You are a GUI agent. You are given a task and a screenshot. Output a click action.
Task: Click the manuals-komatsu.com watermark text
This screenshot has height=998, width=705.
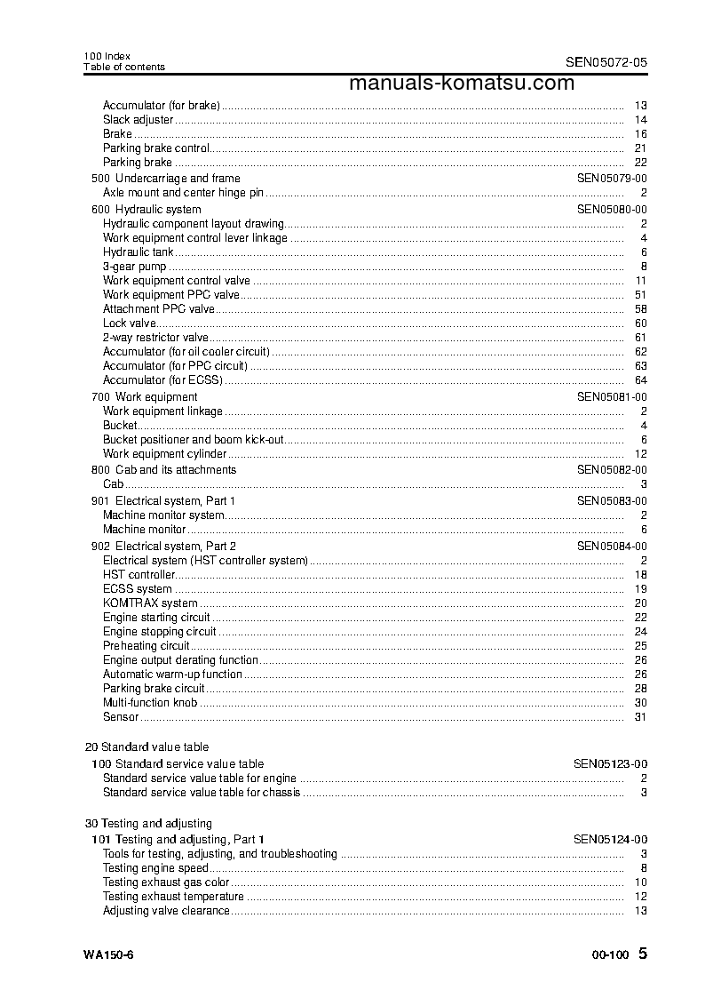[462, 84]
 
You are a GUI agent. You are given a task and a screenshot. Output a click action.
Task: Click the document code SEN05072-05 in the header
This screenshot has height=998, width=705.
[606, 62]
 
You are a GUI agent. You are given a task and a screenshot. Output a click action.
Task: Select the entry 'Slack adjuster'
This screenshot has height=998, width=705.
[138, 120]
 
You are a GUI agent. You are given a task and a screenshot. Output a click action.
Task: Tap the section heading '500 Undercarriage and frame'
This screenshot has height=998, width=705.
[166, 179]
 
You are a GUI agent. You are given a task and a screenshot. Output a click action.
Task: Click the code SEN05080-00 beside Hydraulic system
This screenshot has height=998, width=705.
[612, 210]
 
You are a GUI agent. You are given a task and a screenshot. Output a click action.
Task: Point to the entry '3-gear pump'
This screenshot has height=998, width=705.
[134, 267]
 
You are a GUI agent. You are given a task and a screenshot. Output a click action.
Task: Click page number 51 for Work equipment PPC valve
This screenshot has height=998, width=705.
[640, 295]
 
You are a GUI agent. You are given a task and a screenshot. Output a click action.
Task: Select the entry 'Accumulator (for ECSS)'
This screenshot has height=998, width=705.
[162, 380]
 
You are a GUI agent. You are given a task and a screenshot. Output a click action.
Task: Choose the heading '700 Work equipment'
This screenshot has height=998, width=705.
[145, 397]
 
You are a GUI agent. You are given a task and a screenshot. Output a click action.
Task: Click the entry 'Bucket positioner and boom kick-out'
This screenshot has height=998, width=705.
[194, 440]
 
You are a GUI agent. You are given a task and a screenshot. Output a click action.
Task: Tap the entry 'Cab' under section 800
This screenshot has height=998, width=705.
[113, 484]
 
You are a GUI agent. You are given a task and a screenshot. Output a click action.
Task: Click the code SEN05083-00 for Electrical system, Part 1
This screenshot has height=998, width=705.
[612, 501]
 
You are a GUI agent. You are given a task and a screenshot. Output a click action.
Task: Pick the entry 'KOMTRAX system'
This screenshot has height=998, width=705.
[150, 603]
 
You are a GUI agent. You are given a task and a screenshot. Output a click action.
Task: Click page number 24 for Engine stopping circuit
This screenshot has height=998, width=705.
[640, 632]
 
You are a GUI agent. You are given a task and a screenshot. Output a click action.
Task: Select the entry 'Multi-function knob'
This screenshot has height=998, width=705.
[150, 703]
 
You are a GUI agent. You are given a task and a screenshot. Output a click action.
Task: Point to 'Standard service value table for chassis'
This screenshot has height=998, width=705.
[202, 793]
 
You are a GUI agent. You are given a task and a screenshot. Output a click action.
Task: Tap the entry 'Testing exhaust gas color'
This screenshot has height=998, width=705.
[166, 882]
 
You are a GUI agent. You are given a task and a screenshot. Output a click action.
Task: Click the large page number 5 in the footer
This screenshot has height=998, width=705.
[643, 954]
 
